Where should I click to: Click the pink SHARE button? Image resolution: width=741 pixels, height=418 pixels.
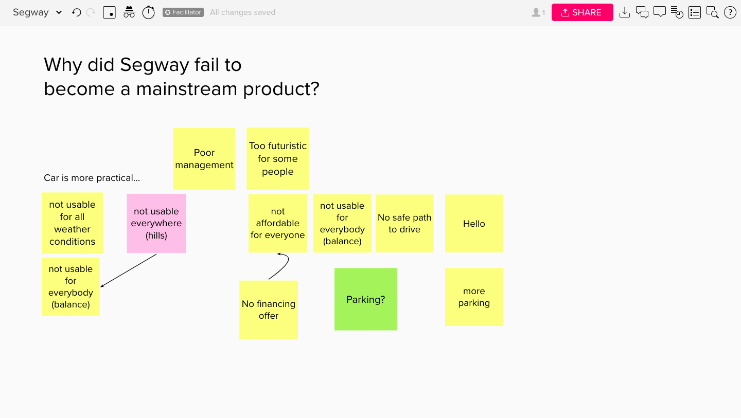pos(582,12)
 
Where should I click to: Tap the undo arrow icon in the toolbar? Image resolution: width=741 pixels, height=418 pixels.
pos(76,12)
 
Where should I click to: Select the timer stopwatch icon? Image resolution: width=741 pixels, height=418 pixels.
pos(149,12)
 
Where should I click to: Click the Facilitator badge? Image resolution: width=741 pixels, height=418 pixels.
pos(183,12)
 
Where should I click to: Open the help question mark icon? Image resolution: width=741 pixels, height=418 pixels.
pos(730,12)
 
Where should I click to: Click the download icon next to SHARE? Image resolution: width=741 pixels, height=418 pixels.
pos(625,12)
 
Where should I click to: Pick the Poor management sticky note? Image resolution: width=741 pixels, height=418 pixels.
pos(204,158)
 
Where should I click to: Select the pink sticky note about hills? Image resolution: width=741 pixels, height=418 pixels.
pos(156,223)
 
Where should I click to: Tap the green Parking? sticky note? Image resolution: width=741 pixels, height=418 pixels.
pos(365,299)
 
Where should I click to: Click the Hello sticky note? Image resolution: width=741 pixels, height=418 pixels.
pos(474,223)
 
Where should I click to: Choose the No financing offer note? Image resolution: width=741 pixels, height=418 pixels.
pos(269,310)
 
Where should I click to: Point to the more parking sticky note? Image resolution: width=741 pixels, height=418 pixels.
pos(474,297)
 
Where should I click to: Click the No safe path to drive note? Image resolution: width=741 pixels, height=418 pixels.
pos(404,223)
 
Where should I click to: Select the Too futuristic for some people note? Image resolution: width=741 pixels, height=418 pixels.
pos(277,158)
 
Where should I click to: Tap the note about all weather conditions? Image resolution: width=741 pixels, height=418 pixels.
pos(72,223)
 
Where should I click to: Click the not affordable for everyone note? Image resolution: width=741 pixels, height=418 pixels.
pos(277,223)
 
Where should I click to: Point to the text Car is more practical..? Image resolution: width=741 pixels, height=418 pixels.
pos(92,178)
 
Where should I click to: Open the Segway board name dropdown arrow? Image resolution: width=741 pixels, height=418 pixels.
pos(59,12)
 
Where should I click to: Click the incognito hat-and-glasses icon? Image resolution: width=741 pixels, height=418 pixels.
pos(129,12)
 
